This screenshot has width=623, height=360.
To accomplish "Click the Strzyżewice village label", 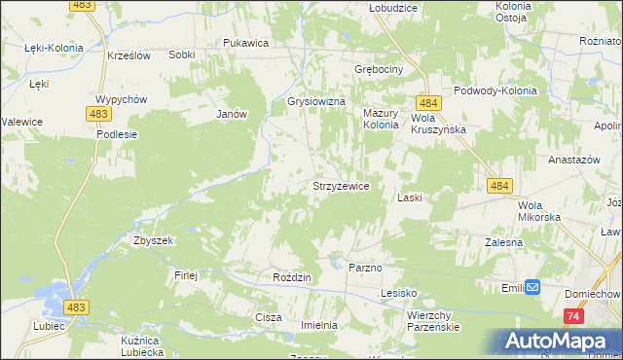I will click(339, 186).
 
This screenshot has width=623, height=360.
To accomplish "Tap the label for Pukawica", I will click(245, 43).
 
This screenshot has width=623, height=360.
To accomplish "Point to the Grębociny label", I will click(379, 70).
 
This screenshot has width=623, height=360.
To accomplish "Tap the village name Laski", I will click(409, 198).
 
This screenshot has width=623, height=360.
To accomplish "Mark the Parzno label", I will click(365, 267).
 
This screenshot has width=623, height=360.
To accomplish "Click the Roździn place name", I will click(292, 277).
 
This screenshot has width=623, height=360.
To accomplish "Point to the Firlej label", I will click(186, 275).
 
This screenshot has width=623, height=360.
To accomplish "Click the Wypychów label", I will click(121, 100).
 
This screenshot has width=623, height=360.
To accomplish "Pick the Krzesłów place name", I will click(128, 55).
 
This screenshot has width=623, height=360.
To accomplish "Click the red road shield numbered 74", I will click(573, 316).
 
